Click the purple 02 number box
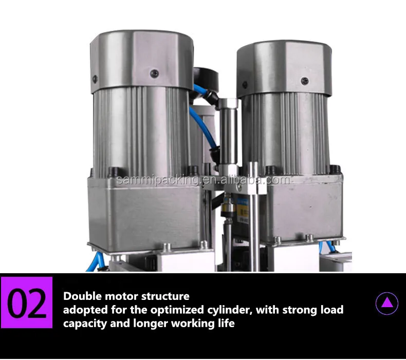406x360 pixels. point(26,302)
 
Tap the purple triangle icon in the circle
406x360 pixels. point(387,304)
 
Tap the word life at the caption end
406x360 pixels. point(226,323)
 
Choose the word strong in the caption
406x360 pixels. point(300,310)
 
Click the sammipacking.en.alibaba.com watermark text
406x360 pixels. point(204,180)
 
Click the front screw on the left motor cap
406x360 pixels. point(154,73)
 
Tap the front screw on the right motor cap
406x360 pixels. point(305,81)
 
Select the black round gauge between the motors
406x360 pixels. point(206,79)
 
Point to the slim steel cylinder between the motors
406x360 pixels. point(228,135)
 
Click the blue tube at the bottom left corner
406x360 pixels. point(95,262)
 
